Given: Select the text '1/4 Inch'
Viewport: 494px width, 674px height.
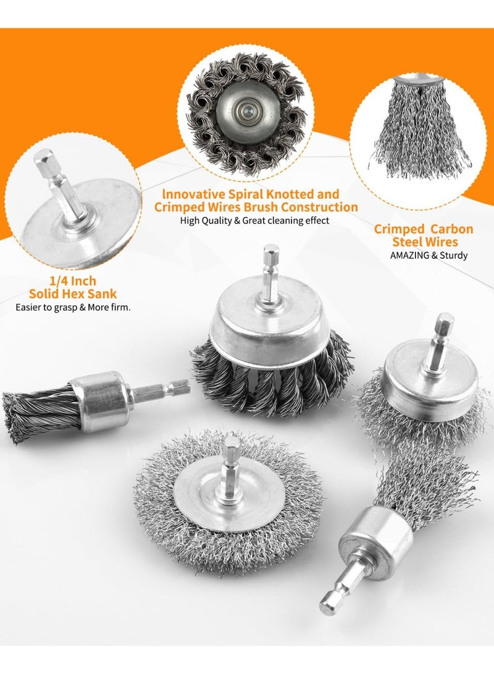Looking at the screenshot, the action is pyautogui.click(x=73, y=281).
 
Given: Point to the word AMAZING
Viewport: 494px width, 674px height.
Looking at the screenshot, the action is pyautogui.click(x=409, y=255).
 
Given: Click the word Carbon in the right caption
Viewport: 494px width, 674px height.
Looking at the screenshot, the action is pyautogui.click(x=451, y=229).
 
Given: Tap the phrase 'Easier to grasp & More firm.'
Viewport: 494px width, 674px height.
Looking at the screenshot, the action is pyautogui.click(x=73, y=308).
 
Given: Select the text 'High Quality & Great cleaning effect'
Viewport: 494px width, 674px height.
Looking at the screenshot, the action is pyautogui.click(x=254, y=221).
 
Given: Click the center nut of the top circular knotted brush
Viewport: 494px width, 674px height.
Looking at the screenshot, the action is pyautogui.click(x=246, y=112).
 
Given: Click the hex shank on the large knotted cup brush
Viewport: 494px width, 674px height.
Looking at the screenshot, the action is pyautogui.click(x=270, y=275).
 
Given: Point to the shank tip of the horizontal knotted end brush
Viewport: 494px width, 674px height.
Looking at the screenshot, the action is pyautogui.click(x=185, y=387).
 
